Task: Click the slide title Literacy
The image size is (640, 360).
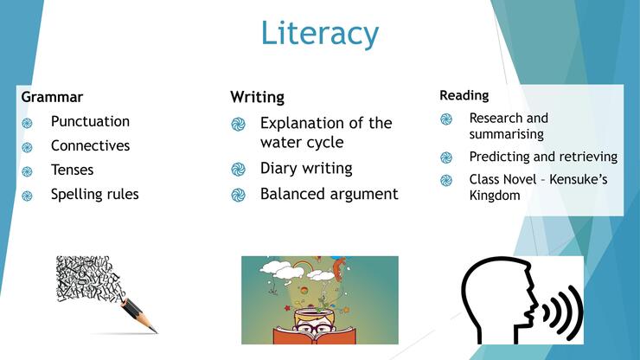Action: coord(320,33)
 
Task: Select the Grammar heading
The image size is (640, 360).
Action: coord(52,97)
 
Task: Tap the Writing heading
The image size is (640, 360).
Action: coord(257,98)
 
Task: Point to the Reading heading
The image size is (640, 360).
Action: coord(464,95)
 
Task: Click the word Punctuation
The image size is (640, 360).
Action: coord(90,121)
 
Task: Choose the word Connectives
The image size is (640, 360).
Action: coord(90,145)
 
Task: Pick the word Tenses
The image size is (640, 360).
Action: coord(73,170)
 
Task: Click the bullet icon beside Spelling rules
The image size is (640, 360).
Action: coord(28,196)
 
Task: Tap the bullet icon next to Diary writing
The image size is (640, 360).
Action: coord(239,169)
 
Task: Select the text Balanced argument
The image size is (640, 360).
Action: coord(329,194)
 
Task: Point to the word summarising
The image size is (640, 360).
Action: coord(506,134)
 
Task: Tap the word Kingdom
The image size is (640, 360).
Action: coord(495,196)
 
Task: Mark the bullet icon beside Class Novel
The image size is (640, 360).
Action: coord(446,180)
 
